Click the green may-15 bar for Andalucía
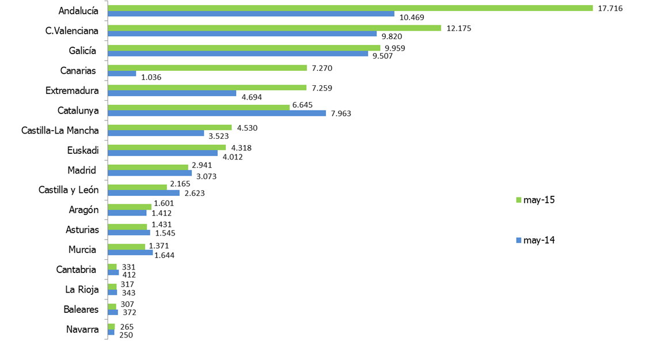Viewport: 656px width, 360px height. click(350, 8)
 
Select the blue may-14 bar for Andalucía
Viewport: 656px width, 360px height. click(251, 14)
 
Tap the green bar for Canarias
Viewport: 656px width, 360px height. click(207, 68)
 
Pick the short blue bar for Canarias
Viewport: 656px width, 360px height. click(122, 74)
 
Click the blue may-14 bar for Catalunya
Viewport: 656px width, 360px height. click(217, 113)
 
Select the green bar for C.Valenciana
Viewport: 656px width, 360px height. click(274, 28)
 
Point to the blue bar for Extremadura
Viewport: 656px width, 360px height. click(172, 93)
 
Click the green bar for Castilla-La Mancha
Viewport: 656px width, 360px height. click(170, 127)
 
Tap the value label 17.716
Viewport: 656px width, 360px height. click(611, 8)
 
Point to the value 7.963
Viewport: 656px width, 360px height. click(340, 113)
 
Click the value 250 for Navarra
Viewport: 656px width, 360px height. click(126, 335)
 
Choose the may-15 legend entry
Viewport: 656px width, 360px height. click(534, 200)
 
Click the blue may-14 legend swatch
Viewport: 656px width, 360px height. click(518, 240)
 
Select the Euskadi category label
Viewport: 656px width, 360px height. click(83, 150)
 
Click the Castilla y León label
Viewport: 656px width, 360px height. click(69, 190)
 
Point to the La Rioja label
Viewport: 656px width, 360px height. click(81, 290)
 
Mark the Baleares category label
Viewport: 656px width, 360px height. click(81, 309)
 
